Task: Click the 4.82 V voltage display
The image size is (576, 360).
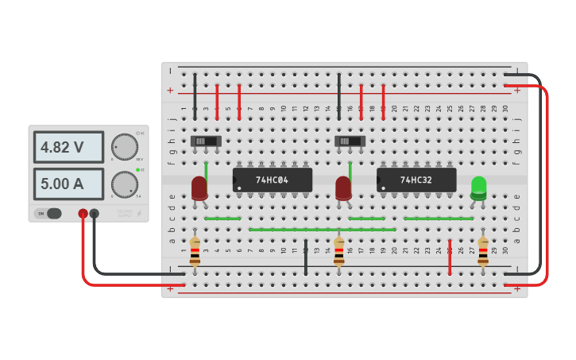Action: coord(68,147)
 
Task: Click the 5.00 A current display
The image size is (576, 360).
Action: coord(68,184)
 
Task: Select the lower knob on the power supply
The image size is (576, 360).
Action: coord(124,184)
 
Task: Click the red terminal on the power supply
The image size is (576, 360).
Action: coord(83,213)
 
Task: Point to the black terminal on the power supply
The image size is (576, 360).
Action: coord(95,213)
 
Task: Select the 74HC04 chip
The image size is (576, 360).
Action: coord(272,180)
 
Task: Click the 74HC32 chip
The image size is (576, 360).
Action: coord(416,180)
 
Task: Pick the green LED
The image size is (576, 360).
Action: coord(478,188)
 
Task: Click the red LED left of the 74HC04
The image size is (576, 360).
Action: coord(199,188)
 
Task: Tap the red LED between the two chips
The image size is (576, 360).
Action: coord(343,188)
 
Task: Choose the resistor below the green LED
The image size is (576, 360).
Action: coord(483,250)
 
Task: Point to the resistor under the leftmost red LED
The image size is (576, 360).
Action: coord(195,250)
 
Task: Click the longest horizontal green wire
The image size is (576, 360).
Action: coord(322,230)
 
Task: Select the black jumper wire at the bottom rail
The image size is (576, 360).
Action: coord(306,256)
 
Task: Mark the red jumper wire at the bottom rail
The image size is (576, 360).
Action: coord(450,256)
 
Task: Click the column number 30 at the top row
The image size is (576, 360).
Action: coord(504,108)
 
